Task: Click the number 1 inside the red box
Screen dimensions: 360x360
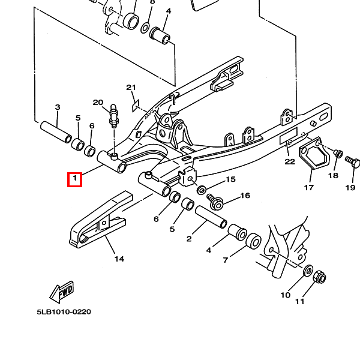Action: pyautogui.click(x=74, y=178)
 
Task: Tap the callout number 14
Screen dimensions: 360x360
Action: pyautogui.click(x=119, y=259)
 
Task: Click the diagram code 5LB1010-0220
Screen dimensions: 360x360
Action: pyautogui.click(x=64, y=312)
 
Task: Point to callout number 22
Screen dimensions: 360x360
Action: pyautogui.click(x=290, y=162)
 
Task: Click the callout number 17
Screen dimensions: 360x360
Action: pyautogui.click(x=309, y=188)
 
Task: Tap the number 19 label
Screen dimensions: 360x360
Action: pyautogui.click(x=350, y=188)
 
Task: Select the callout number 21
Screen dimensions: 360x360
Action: pyautogui.click(x=131, y=88)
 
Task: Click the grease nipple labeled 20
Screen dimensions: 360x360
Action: pyautogui.click(x=113, y=116)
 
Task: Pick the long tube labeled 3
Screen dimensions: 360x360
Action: pyautogui.click(x=56, y=132)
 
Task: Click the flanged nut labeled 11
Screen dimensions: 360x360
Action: pyautogui.click(x=319, y=277)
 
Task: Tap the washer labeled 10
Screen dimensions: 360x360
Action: pyautogui.click(x=308, y=271)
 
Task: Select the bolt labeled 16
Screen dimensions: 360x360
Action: pyautogui.click(x=215, y=202)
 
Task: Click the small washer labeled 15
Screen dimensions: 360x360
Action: pyautogui.click(x=202, y=190)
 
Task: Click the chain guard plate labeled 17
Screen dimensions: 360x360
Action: pyautogui.click(x=314, y=153)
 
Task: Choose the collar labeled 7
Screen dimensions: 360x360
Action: pyautogui.click(x=253, y=241)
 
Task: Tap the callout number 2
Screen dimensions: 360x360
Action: pyautogui.click(x=189, y=239)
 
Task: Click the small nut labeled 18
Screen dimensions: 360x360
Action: pyautogui.click(x=338, y=154)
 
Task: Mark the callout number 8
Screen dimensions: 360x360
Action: pyautogui.click(x=152, y=2)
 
